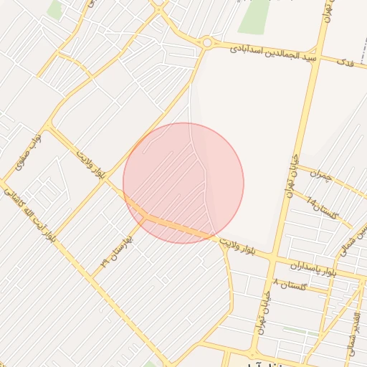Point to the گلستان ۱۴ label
tap(320, 208)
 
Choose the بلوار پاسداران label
tap(313, 268)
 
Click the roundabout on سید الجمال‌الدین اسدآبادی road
tap(206, 43)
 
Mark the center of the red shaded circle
tap(183, 183)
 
